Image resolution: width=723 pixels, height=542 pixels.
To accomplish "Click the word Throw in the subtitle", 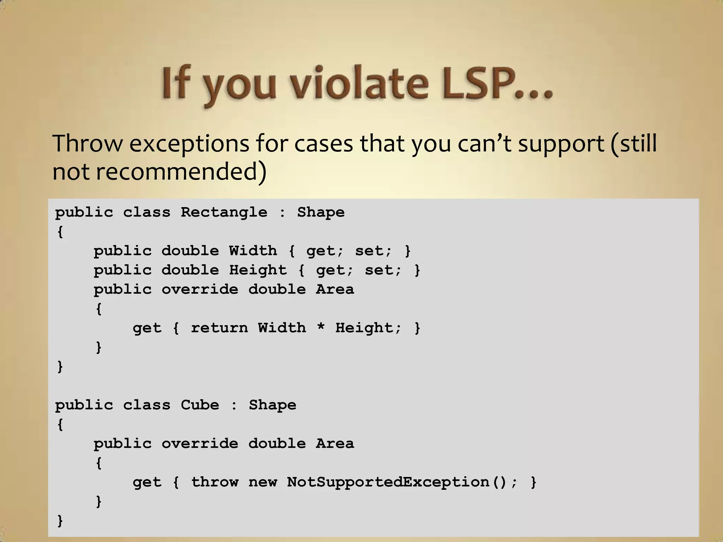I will click(88, 144).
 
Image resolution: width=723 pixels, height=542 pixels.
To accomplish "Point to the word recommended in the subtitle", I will click(181, 172).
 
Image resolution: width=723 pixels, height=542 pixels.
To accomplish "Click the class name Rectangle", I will click(224, 212).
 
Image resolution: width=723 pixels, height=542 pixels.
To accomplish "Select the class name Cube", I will click(199, 405).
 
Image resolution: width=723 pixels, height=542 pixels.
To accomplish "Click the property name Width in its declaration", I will click(253, 251).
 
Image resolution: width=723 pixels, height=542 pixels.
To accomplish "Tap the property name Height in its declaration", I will click(258, 270).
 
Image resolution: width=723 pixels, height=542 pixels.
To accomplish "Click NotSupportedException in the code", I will click(388, 482).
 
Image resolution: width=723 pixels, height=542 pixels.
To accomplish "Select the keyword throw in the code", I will click(214, 482).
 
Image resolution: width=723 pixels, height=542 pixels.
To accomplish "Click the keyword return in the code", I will click(219, 328).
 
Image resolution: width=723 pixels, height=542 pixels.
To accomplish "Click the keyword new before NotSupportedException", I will click(263, 482).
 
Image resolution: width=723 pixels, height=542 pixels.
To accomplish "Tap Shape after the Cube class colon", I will click(272, 405).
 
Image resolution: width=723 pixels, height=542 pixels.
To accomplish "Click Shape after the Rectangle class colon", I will click(321, 212).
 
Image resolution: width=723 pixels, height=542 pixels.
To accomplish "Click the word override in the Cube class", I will click(200, 444).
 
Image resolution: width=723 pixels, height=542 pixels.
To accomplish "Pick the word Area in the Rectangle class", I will click(335, 289).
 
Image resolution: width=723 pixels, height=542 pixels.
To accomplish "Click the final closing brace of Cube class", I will click(60, 520).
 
